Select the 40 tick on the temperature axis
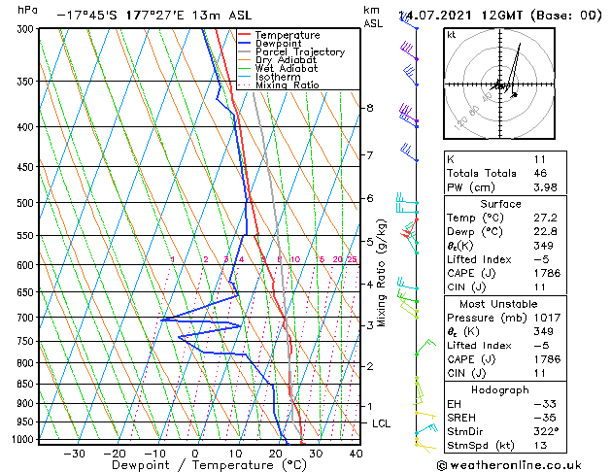click(x=356, y=453)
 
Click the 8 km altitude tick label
click(x=369, y=108)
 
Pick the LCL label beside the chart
click(x=382, y=424)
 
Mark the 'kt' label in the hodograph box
click(x=451, y=35)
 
